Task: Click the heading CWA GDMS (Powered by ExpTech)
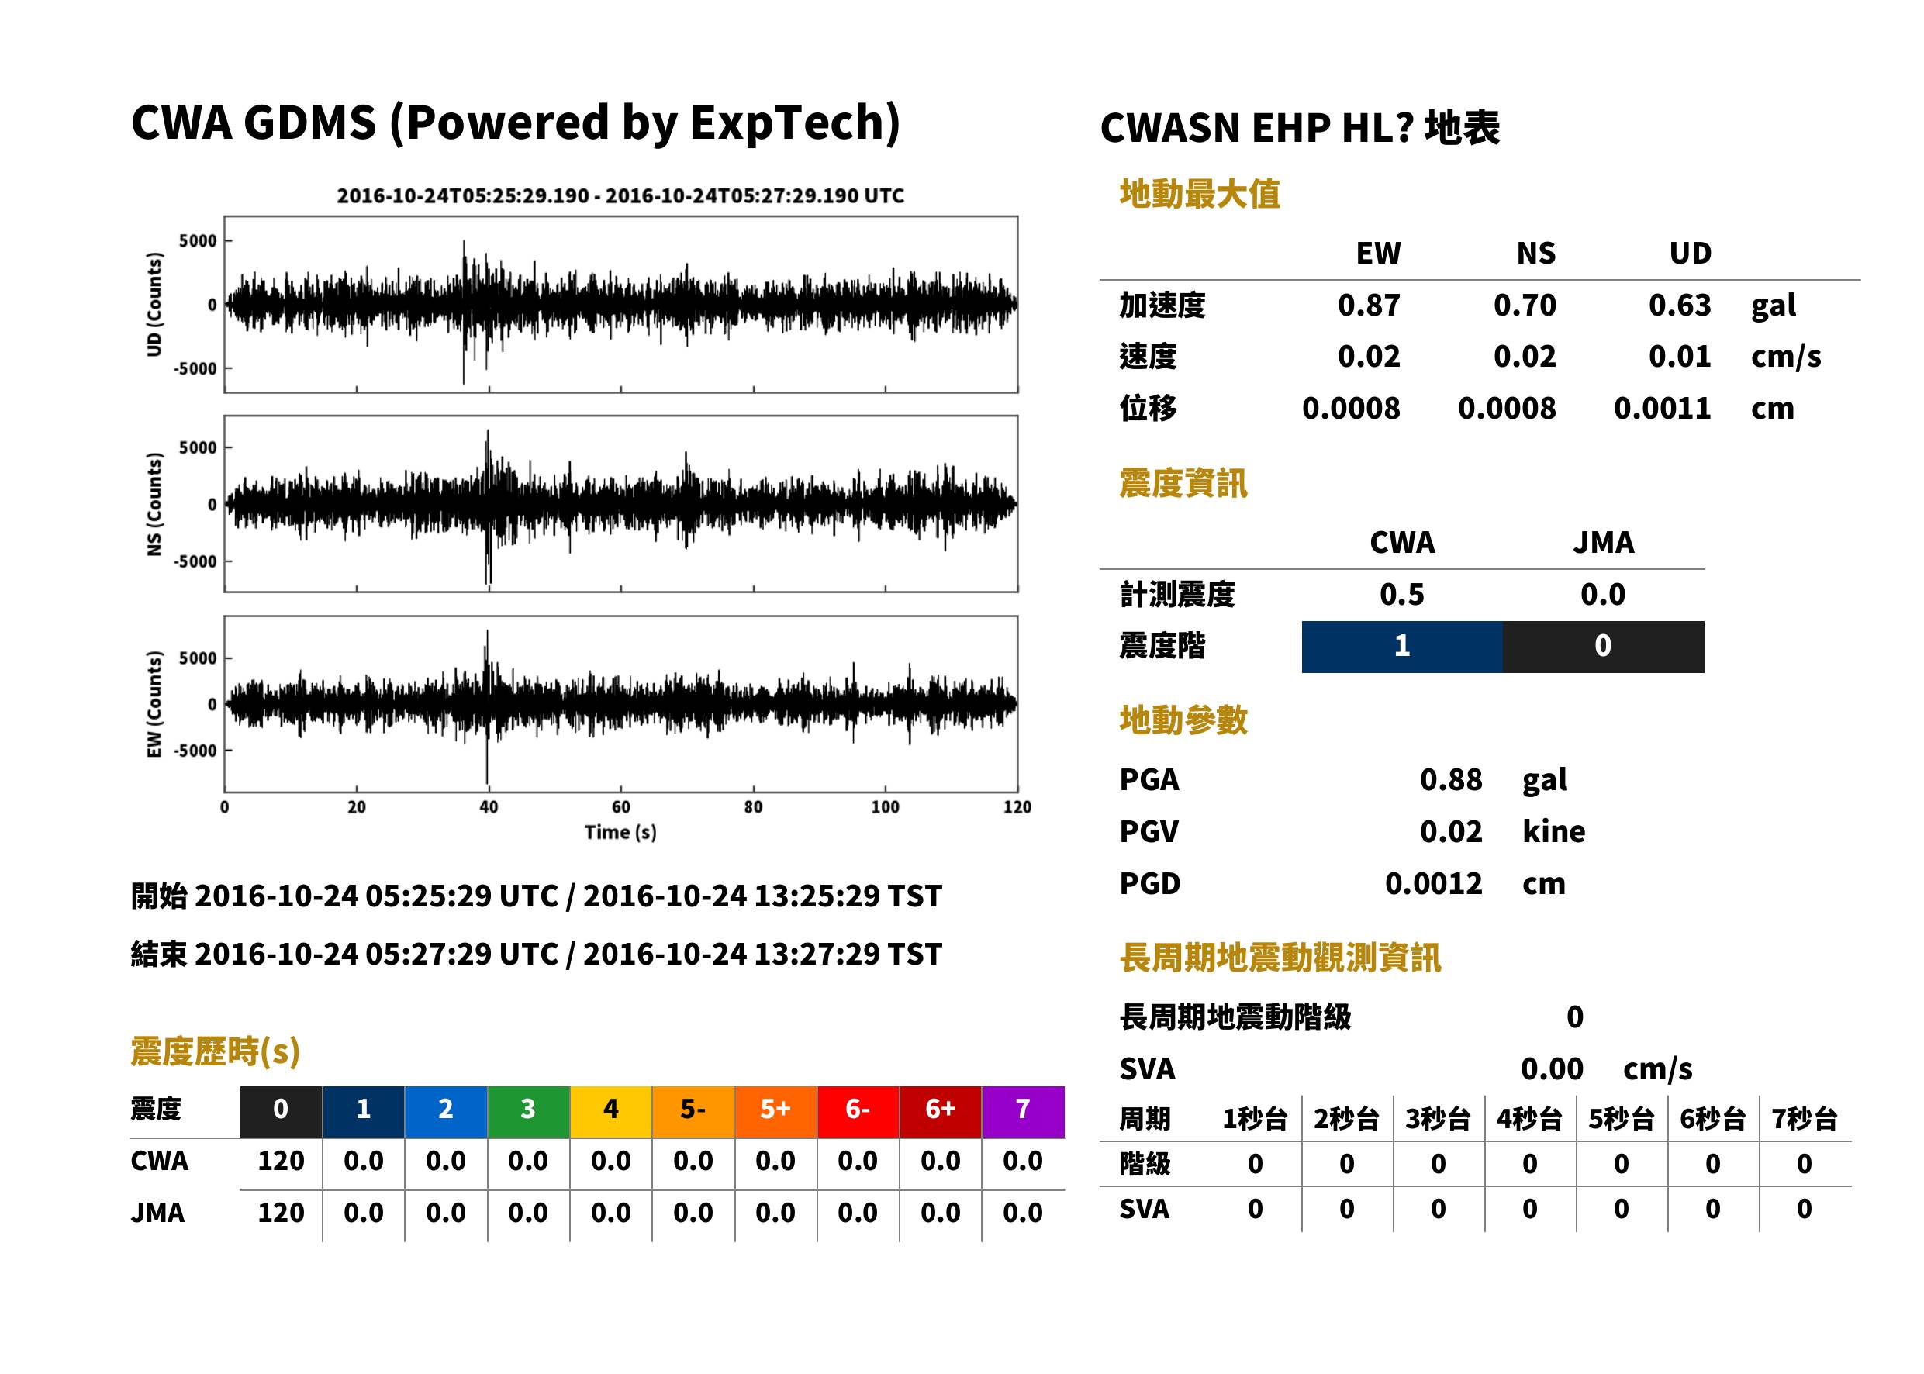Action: click(x=515, y=123)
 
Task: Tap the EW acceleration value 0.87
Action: click(x=1368, y=306)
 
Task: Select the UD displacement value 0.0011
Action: click(x=1662, y=409)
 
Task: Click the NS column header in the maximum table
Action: click(x=1535, y=253)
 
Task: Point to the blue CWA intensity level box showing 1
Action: click(x=1402, y=647)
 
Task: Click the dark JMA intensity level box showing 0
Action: click(x=1604, y=647)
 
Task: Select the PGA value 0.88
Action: click(x=1450, y=779)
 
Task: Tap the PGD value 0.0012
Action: click(x=1433, y=883)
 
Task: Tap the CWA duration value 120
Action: click(x=281, y=1161)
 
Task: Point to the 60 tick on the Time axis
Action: click(x=620, y=807)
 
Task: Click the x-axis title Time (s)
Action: click(x=620, y=833)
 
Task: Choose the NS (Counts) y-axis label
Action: click(x=154, y=503)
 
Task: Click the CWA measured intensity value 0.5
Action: click(x=1402, y=595)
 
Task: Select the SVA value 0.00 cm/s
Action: click(x=1606, y=1069)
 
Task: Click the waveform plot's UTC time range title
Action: click(x=620, y=195)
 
